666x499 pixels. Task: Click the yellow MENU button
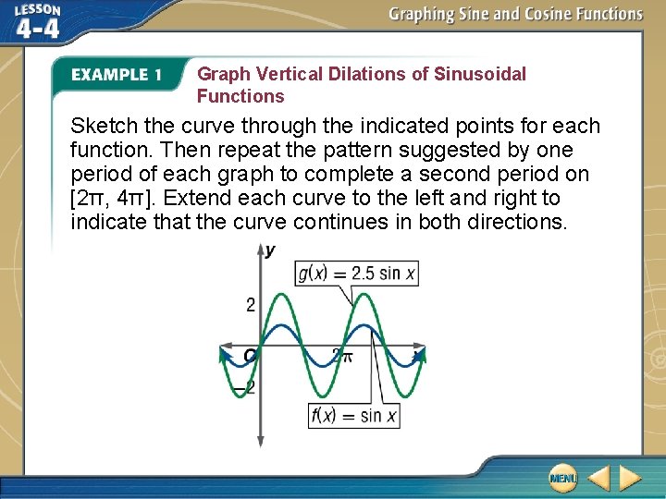pyautogui.click(x=561, y=477)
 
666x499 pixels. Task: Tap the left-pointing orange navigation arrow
pyautogui.click(x=598, y=477)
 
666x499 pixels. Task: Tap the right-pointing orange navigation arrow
pyautogui.click(x=630, y=477)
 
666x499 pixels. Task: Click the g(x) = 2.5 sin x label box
pyautogui.click(x=356, y=274)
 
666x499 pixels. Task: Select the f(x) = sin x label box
pyautogui.click(x=354, y=415)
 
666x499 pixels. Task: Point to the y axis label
pyautogui.click(x=270, y=250)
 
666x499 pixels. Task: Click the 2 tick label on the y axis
pyautogui.click(x=250, y=305)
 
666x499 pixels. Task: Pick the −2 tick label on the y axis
pyautogui.click(x=245, y=389)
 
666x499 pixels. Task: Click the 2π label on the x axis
pyautogui.click(x=341, y=356)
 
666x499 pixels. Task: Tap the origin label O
pyautogui.click(x=250, y=356)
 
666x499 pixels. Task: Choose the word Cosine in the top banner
pyautogui.click(x=537, y=14)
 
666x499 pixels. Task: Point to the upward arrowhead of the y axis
pyautogui.click(x=261, y=249)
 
